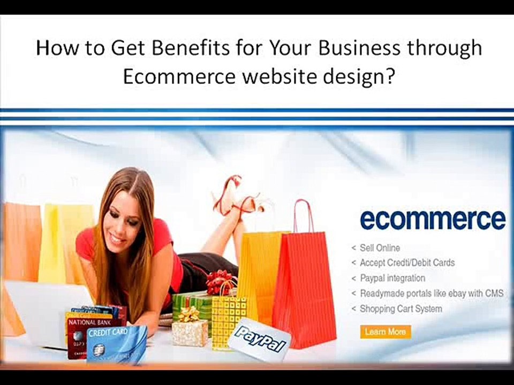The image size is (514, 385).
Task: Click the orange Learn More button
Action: click(385, 332)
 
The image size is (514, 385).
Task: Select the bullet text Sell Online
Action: click(380, 248)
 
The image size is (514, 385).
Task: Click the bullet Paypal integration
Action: click(392, 278)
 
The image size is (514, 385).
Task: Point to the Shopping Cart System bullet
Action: click(401, 309)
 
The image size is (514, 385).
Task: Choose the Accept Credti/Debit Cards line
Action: click(407, 263)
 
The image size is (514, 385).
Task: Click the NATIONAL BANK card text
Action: click(90, 322)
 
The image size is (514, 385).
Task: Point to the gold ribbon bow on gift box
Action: click(188, 314)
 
